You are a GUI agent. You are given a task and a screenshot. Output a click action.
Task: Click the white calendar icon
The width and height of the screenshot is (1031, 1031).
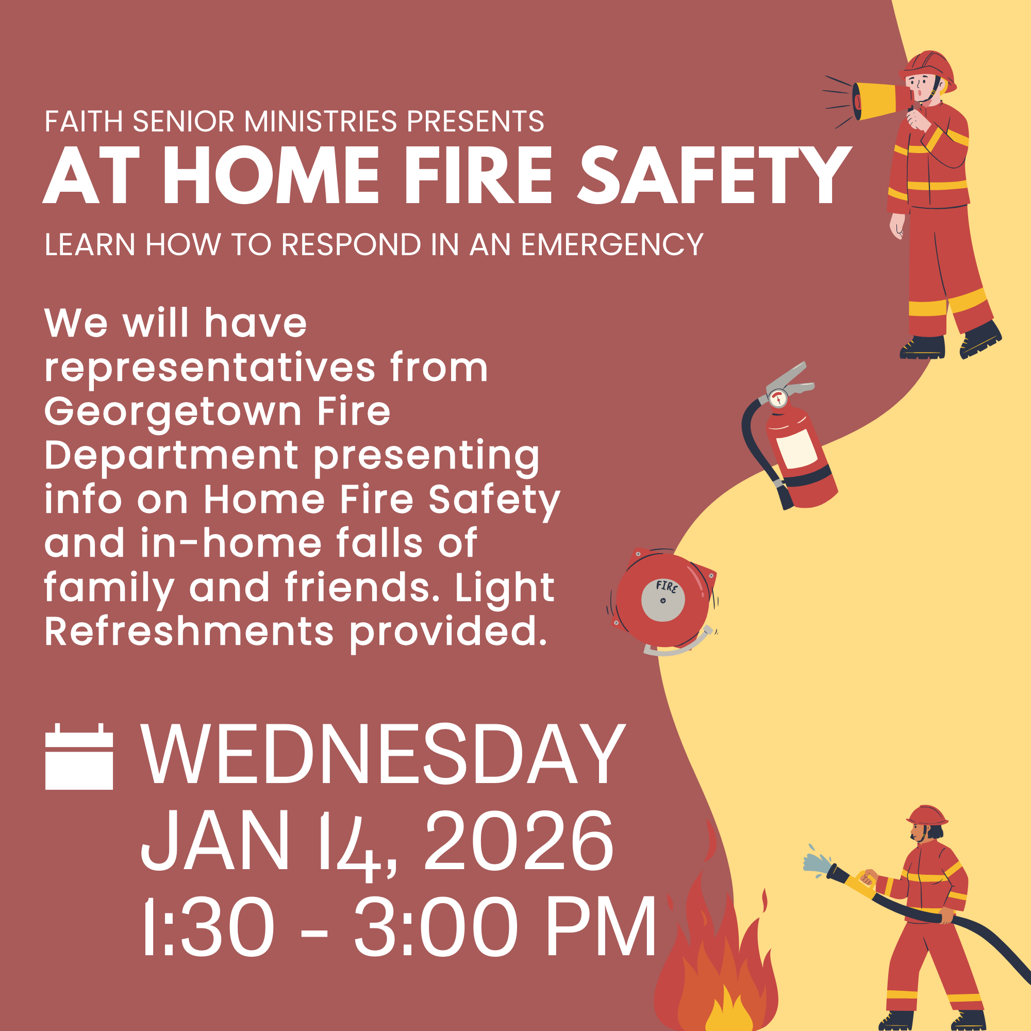pyautogui.click(x=79, y=756)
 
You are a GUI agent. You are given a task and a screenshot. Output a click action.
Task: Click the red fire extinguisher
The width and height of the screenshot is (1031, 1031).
pyautogui.click(x=800, y=459)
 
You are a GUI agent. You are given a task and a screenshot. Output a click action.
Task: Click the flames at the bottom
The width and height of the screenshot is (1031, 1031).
pyautogui.click(x=715, y=971)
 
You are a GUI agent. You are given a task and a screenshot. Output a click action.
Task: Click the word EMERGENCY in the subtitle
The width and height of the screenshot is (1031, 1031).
pyautogui.click(x=612, y=245)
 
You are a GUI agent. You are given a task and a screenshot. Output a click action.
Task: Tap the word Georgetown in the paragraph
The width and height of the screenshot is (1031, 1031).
pyautogui.click(x=173, y=412)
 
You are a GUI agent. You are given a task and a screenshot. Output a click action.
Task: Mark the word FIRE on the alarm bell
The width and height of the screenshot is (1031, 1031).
pyautogui.click(x=667, y=587)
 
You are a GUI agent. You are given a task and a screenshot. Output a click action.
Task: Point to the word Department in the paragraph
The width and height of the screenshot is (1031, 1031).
pyautogui.click(x=171, y=456)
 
